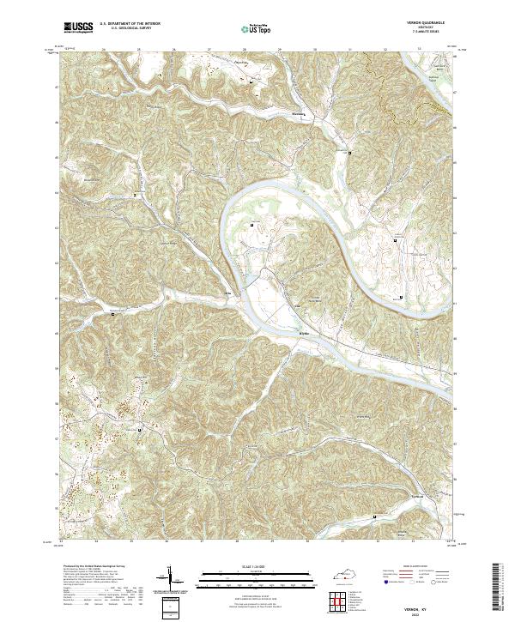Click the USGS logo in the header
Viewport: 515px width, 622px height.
77,28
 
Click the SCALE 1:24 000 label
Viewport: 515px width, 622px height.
236,567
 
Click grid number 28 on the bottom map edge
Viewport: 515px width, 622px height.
237,542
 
